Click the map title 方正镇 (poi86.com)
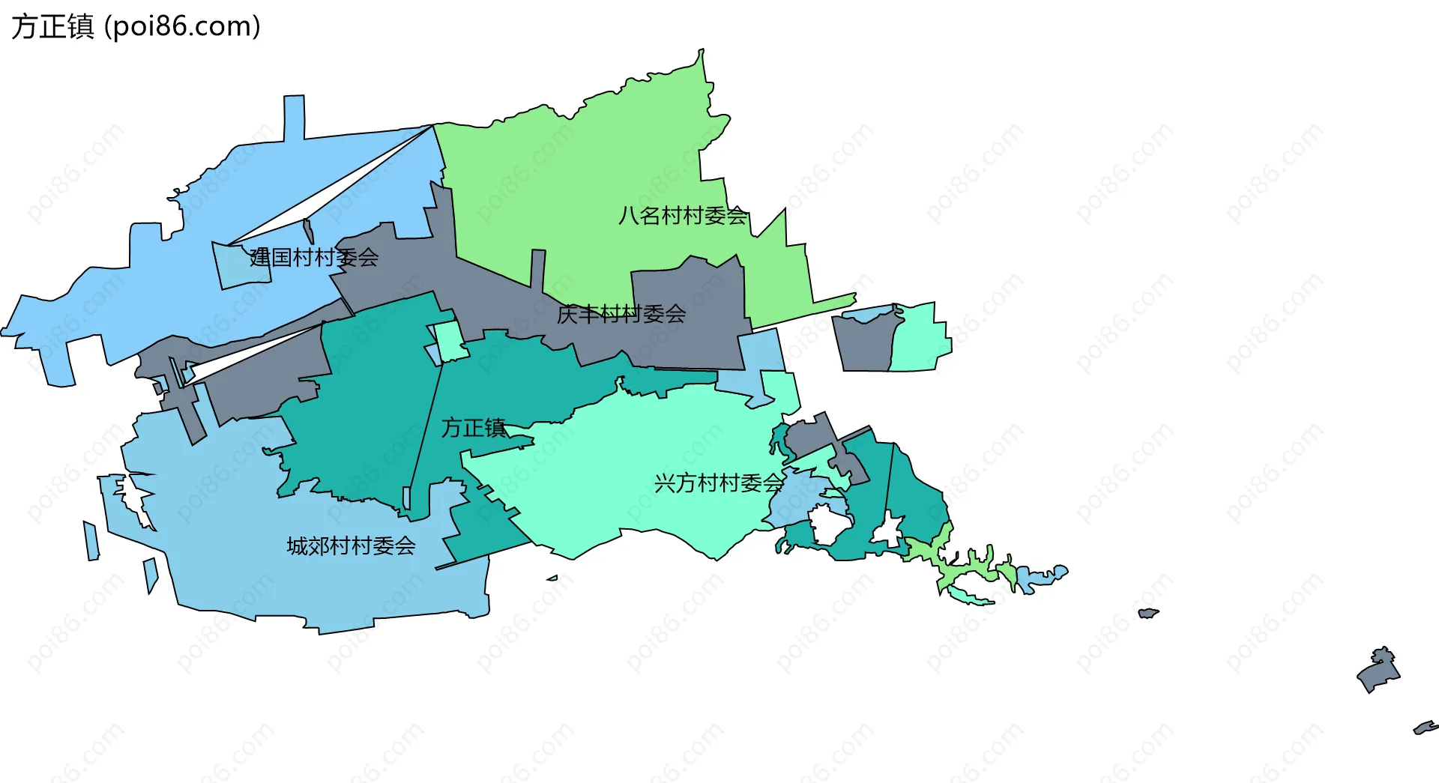(136, 26)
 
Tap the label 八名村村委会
(683, 216)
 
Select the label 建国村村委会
(314, 258)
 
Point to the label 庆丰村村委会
(621, 314)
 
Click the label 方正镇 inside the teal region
(473, 428)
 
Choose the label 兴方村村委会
(719, 483)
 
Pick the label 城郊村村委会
(351, 546)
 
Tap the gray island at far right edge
(1378, 671)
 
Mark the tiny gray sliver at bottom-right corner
(1425, 727)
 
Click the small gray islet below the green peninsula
(1147, 613)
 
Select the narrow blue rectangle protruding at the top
(294, 116)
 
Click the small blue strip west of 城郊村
(91, 541)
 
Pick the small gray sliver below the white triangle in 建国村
(307, 231)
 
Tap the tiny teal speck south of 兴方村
(552, 578)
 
